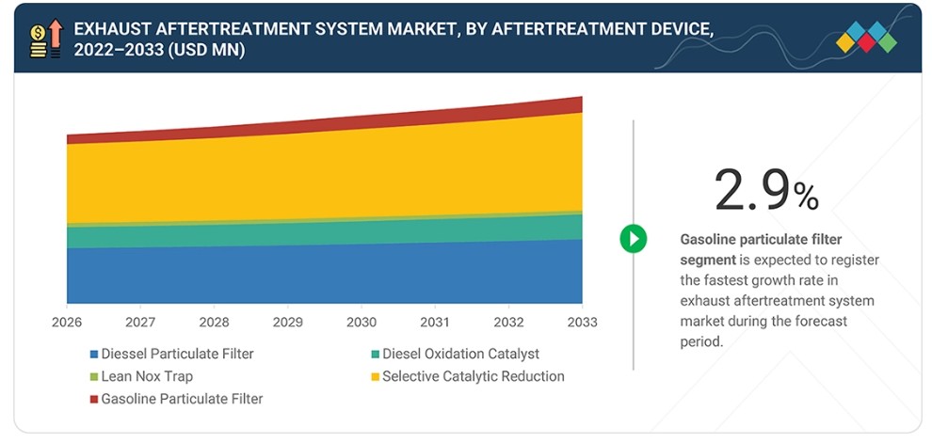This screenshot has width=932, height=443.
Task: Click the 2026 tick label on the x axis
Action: (67, 323)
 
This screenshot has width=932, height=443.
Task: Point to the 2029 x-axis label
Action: (288, 323)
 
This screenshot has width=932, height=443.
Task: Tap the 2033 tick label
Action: (582, 323)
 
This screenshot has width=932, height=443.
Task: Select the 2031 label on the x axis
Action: (435, 323)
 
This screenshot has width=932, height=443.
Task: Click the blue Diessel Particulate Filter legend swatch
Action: (94, 355)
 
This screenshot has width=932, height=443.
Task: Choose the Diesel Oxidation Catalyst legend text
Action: (460, 354)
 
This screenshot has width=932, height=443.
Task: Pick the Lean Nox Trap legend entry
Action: (141, 376)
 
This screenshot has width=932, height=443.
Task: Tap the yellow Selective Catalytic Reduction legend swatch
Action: (375, 377)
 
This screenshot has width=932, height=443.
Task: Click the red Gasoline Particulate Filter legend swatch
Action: (94, 400)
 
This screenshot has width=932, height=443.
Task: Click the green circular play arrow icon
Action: (634, 239)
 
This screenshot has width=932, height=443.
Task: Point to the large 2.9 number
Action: (752, 190)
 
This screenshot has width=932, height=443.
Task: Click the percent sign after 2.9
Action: (807, 197)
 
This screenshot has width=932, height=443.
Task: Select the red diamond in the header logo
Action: (866, 42)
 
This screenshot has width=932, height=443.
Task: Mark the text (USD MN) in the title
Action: (205, 51)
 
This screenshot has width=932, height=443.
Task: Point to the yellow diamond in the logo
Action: (845, 42)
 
